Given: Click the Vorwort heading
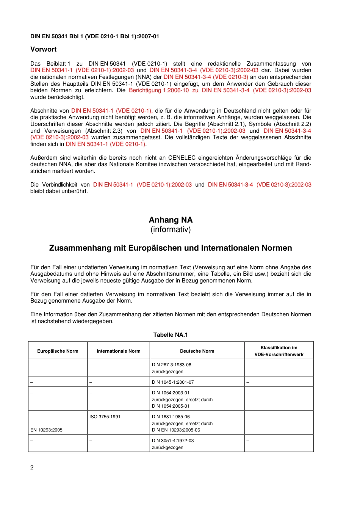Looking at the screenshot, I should (x=44, y=49).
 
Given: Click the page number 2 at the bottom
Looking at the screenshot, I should (x=32, y=468).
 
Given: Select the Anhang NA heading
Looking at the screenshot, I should (x=171, y=220).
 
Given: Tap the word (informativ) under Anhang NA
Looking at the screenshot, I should (x=171, y=229).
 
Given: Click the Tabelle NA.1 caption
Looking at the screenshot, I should (x=171, y=335).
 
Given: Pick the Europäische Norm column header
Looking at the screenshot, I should (x=58, y=351).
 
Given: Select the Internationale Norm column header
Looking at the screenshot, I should (x=118, y=351).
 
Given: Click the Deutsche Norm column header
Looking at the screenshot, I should (x=197, y=351).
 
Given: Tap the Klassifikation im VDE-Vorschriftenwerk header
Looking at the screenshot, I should (x=279, y=351).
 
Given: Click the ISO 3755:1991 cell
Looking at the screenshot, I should (x=105, y=417).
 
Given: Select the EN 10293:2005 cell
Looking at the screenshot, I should (x=46, y=430).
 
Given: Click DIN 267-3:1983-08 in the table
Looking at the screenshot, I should (x=171, y=365).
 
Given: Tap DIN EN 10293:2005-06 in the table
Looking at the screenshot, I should (x=176, y=430).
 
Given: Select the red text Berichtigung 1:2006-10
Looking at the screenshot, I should (x=159, y=90).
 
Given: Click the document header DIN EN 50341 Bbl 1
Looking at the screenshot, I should (x=95, y=36).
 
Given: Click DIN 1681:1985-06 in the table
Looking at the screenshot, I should (x=171, y=417).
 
